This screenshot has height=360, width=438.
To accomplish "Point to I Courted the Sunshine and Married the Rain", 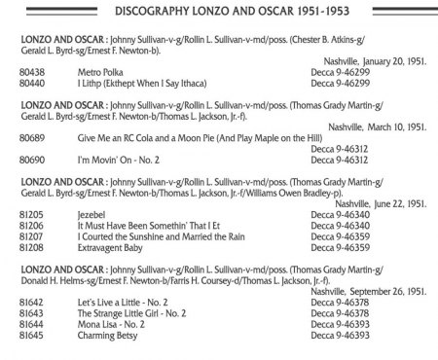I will (158, 234).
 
